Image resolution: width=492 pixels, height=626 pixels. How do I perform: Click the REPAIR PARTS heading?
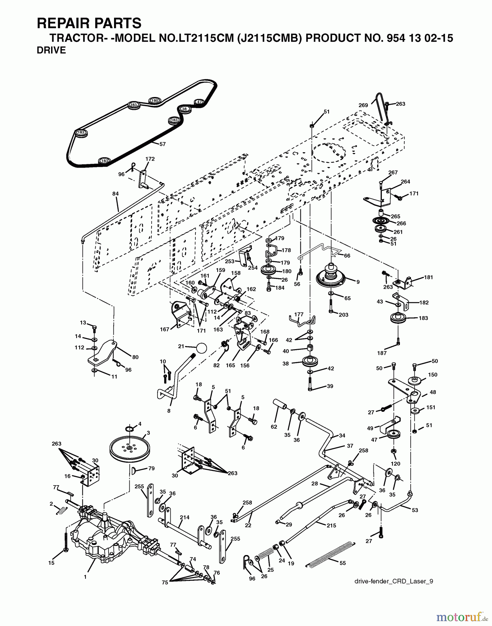coord(89,23)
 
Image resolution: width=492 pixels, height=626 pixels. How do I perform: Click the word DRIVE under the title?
coord(51,50)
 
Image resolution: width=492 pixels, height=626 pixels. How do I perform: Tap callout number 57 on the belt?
coord(162,144)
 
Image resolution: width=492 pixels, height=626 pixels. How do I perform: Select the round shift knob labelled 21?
coord(201,347)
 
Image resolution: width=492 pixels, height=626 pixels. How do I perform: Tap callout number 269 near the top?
coord(363,105)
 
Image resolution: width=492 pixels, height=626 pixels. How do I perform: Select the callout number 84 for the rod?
coord(115,193)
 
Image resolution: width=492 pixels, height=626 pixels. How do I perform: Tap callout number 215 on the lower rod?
coord(331,525)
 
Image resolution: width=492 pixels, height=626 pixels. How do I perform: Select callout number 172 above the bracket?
coord(150,159)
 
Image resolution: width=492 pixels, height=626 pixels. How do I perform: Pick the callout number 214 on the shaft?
coord(185,517)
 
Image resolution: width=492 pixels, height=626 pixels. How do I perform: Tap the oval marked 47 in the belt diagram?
coord(199,102)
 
